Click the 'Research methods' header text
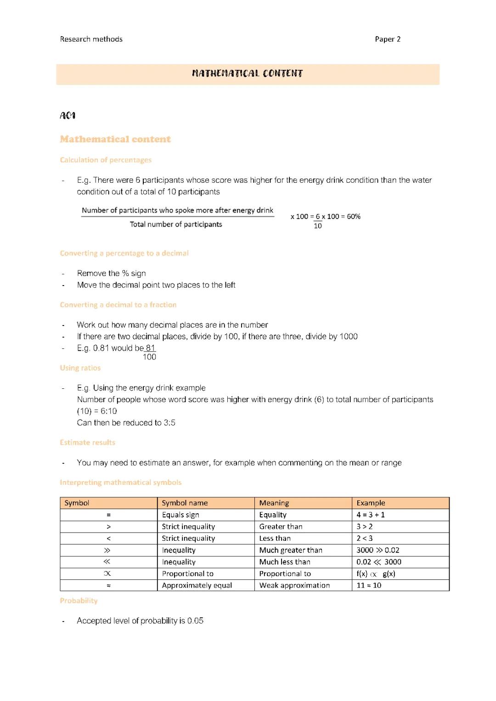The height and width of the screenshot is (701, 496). [x=91, y=39]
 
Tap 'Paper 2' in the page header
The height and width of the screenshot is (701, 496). [x=388, y=39]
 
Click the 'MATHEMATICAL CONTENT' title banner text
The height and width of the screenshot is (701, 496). [x=248, y=73]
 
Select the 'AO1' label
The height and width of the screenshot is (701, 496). [x=68, y=115]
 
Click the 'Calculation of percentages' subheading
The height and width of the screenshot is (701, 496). [x=106, y=160]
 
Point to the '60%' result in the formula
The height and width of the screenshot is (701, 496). [x=354, y=216]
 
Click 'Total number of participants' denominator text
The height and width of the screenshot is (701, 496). [x=176, y=224]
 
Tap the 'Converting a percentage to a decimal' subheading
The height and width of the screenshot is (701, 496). [x=124, y=253]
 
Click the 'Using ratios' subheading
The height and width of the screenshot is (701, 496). [x=80, y=368]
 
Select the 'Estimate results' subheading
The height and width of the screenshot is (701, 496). [x=87, y=443]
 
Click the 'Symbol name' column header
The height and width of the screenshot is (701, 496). [x=185, y=503]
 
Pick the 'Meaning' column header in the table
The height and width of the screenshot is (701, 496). [x=274, y=503]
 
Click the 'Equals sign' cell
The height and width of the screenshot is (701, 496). [x=180, y=515]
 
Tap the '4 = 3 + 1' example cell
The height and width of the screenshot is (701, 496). [x=371, y=515]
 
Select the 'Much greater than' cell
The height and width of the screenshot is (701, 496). [x=291, y=550]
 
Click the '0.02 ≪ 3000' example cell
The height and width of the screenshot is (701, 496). [x=379, y=562]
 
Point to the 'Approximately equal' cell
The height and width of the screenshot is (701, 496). [x=197, y=585]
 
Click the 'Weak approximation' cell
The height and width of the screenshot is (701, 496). [x=294, y=585]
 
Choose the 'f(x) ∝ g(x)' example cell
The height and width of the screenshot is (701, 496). [x=376, y=574]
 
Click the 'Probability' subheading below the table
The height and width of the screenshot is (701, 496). [x=79, y=600]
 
